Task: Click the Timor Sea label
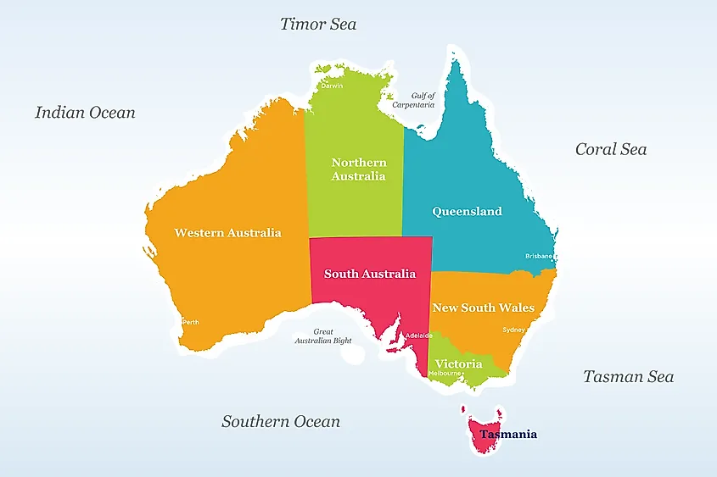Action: [318, 24]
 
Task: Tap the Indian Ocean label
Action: [85, 112]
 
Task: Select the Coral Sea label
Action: [611, 149]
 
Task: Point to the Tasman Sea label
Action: [628, 376]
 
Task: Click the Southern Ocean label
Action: [281, 421]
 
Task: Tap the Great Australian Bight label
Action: [322, 336]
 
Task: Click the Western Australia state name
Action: [227, 232]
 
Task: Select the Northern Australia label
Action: [358, 169]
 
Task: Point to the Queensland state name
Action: [467, 212]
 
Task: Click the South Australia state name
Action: [370, 274]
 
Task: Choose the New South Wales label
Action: [484, 308]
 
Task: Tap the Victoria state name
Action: [459, 363]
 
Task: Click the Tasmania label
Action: [507, 435]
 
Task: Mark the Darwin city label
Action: [332, 86]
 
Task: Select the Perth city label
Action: [191, 322]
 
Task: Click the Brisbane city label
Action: [539, 256]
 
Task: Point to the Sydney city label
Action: [513, 330]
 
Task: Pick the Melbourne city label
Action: [445, 374]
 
